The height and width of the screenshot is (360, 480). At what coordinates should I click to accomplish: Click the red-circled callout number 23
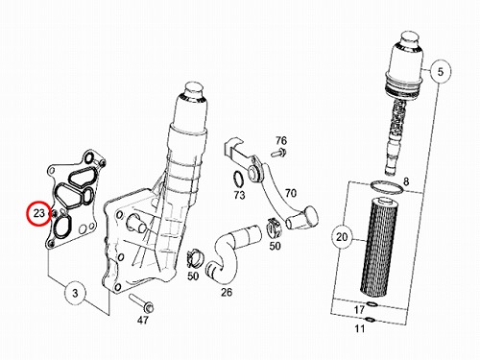(x=38, y=213)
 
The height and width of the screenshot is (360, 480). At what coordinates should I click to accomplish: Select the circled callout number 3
(x=75, y=293)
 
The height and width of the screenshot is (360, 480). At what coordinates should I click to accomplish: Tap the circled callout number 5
(x=441, y=71)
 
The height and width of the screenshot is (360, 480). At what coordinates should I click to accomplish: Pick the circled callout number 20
(x=342, y=237)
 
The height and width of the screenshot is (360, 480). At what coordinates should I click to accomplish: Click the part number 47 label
(x=143, y=320)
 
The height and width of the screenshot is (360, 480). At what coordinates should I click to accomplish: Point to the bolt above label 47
(x=141, y=303)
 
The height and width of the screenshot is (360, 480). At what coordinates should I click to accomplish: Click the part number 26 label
(x=227, y=292)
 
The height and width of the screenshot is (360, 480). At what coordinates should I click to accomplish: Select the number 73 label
(x=240, y=195)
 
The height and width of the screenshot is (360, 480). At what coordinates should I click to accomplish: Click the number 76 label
(x=281, y=140)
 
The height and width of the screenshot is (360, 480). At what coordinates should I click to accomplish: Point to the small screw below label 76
(x=278, y=153)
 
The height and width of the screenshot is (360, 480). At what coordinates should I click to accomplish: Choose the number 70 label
(x=291, y=193)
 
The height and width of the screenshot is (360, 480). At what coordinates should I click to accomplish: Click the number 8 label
(x=406, y=181)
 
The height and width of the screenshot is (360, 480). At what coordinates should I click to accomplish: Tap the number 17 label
(x=359, y=309)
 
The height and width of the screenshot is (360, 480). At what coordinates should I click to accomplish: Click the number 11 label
(x=360, y=328)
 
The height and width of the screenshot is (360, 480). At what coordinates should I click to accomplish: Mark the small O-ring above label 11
(x=370, y=319)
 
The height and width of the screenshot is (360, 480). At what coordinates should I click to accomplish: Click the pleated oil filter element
(x=379, y=247)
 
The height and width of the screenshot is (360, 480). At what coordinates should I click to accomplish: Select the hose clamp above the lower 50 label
(x=194, y=258)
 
